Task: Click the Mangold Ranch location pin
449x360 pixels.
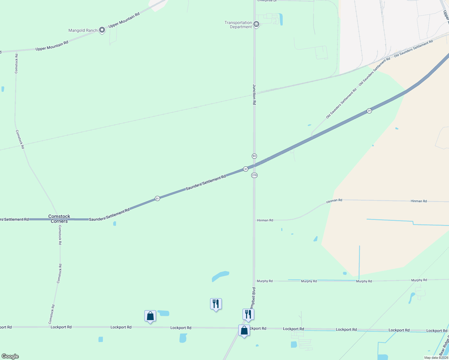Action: coord(102,30)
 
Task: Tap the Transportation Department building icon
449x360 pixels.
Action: coord(256,24)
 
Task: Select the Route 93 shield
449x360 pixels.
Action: coord(254,156)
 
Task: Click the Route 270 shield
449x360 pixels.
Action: coord(254,175)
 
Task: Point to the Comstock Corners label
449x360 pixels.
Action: coord(59,219)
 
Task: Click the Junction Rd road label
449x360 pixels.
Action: coord(254,94)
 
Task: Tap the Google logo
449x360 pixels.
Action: coord(10,356)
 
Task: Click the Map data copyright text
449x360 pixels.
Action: coord(436,358)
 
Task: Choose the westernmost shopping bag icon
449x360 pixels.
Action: coord(150,316)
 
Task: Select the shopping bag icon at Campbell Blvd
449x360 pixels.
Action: coord(244,331)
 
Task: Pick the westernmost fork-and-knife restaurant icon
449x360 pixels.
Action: coord(216,304)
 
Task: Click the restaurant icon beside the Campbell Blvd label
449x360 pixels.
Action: coord(248,314)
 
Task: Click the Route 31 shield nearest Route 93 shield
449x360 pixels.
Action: coord(246,169)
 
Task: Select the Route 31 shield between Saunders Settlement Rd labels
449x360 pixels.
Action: coord(157,198)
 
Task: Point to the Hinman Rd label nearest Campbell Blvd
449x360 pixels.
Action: coord(265,220)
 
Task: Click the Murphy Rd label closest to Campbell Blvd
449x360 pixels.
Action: coord(265,281)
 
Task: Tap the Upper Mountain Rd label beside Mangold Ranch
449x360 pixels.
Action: coord(124,20)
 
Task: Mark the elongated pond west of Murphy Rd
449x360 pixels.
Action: coord(220,276)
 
